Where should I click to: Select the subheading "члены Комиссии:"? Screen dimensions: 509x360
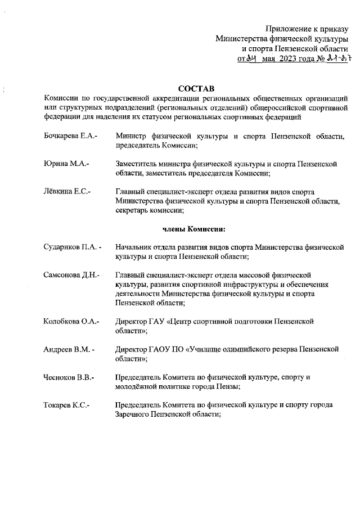pos(194,229)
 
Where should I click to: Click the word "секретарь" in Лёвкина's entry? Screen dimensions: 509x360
pos(133,210)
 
